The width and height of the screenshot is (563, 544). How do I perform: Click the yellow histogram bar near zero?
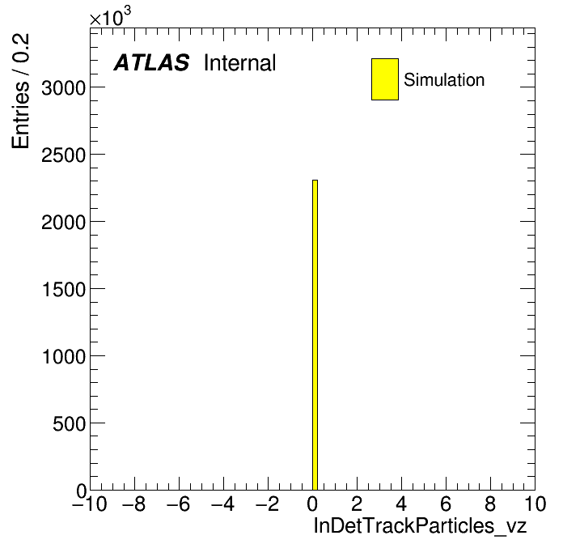pyautogui.click(x=315, y=335)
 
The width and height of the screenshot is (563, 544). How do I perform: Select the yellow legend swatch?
pyautogui.click(x=385, y=79)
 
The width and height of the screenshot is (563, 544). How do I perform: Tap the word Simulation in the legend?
pyautogui.click(x=444, y=80)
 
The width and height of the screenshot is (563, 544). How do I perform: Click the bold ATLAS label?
pyautogui.click(x=151, y=62)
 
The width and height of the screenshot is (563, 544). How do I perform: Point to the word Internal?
pyautogui.click(x=240, y=62)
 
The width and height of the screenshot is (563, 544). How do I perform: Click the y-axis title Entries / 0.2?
pyautogui.click(x=20, y=91)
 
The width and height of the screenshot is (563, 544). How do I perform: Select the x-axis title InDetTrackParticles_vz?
pyautogui.click(x=420, y=526)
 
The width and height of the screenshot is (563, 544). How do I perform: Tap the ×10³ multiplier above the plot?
pyautogui.click(x=110, y=17)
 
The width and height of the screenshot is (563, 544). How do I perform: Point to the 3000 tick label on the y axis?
pyautogui.click(x=64, y=87)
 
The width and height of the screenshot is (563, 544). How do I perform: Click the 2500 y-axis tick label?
pyautogui.click(x=64, y=155)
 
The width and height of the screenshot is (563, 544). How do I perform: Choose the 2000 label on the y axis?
pyautogui.click(x=64, y=222)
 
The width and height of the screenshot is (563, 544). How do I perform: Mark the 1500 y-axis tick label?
pyautogui.click(x=64, y=289)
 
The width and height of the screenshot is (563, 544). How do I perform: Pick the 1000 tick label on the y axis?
pyautogui.click(x=64, y=356)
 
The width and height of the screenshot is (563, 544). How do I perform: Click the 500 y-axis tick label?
pyautogui.click(x=70, y=423)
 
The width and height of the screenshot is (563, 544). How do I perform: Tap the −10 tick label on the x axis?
pyautogui.click(x=90, y=504)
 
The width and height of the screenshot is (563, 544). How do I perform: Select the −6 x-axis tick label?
pyautogui.click(x=179, y=504)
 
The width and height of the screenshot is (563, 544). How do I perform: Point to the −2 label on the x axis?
pyautogui.click(x=268, y=504)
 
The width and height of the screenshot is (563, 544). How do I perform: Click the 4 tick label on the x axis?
pyautogui.click(x=401, y=504)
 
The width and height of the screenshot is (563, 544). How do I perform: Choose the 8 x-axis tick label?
pyautogui.click(x=490, y=504)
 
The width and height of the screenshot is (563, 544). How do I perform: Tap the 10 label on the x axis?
pyautogui.click(x=535, y=504)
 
